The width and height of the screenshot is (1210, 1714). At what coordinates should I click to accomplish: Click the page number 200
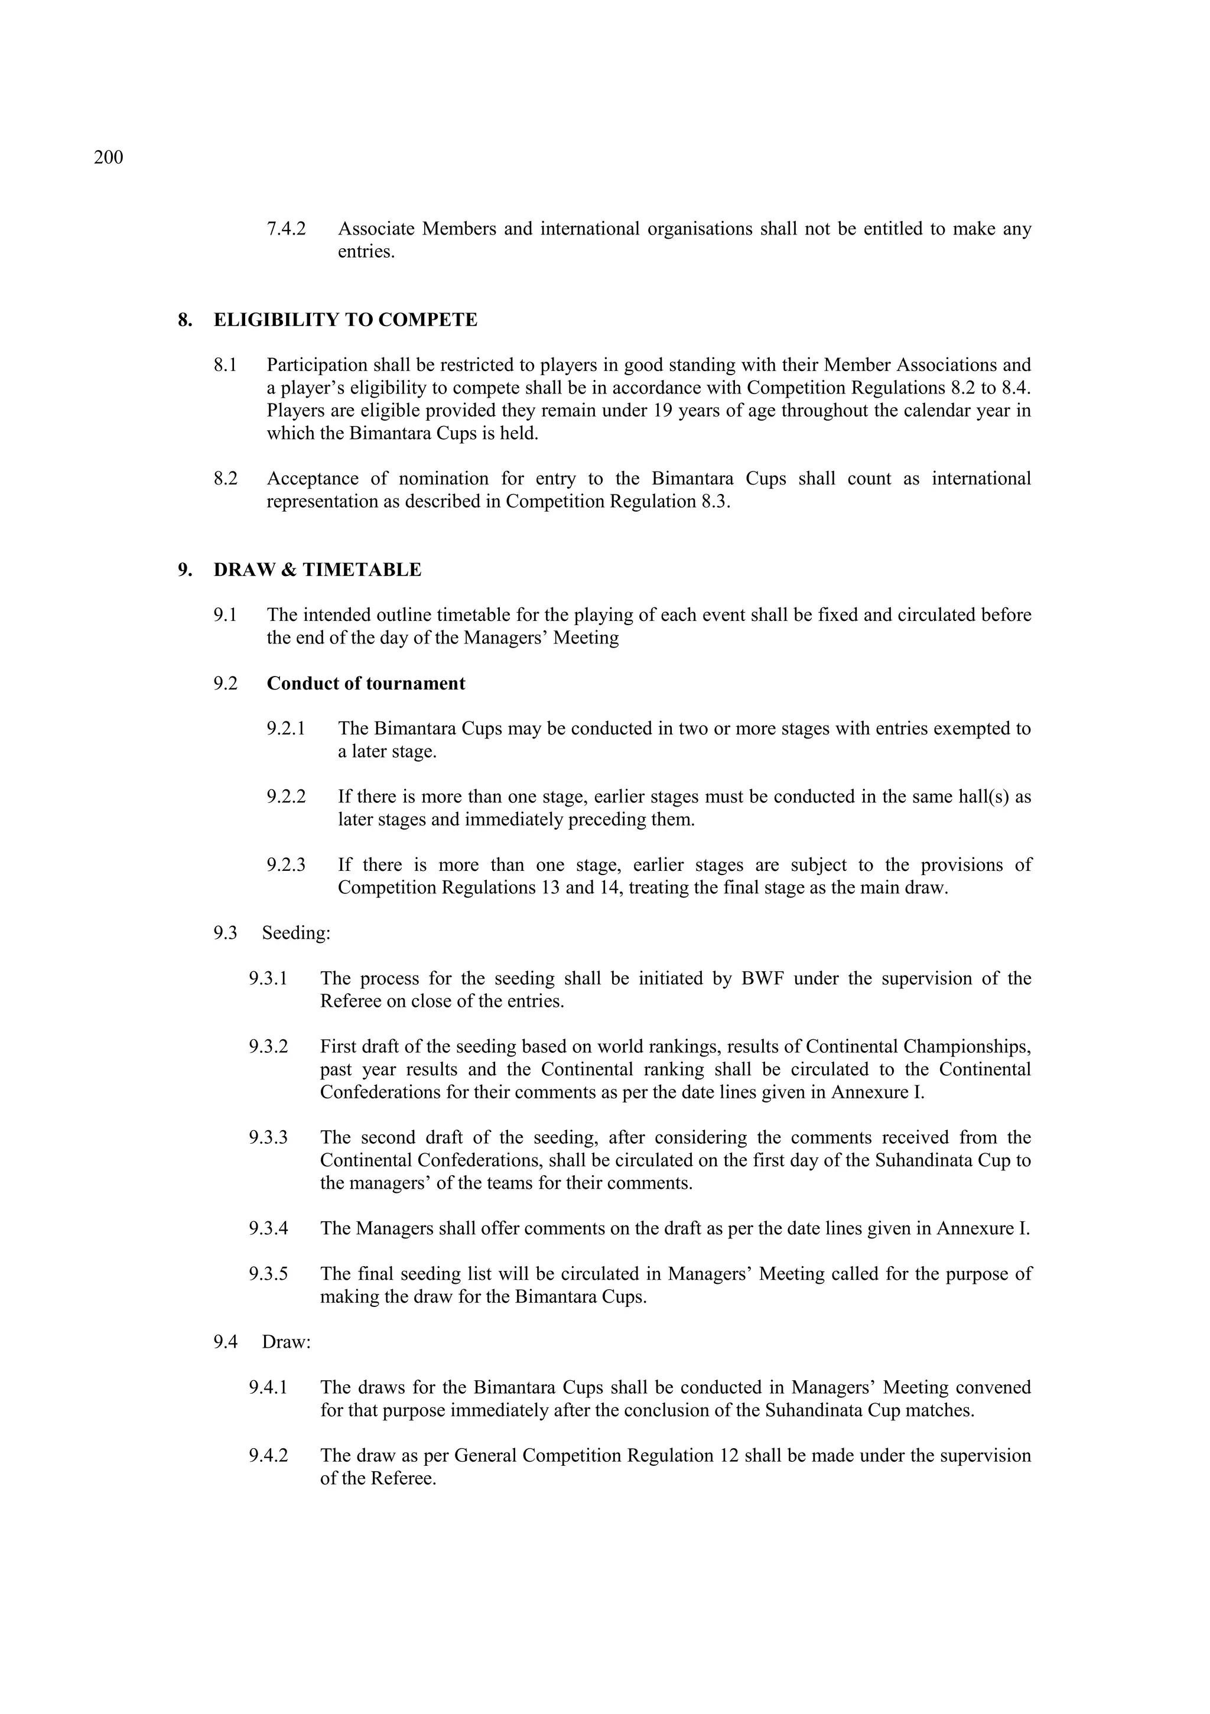pos(108,158)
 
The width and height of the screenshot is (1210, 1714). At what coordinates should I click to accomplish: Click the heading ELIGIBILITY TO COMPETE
pos(345,320)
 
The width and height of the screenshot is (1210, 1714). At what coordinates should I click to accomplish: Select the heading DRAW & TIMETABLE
pos(317,570)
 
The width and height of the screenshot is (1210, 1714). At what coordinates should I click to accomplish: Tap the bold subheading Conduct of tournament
pos(366,684)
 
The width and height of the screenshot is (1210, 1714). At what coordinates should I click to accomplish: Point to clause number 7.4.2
pos(286,229)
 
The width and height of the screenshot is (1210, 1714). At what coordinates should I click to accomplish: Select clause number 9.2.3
pos(286,865)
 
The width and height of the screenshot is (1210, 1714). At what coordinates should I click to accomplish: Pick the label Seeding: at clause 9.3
pos(295,933)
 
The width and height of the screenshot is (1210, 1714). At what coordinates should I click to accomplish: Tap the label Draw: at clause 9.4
pos(286,1342)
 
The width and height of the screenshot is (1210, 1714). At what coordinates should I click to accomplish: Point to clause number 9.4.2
pos(268,1456)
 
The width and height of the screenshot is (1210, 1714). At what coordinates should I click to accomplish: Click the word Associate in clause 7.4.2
pos(376,229)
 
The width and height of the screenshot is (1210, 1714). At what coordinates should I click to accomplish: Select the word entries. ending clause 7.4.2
pos(366,252)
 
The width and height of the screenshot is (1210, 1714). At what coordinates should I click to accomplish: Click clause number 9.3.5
pos(268,1274)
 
